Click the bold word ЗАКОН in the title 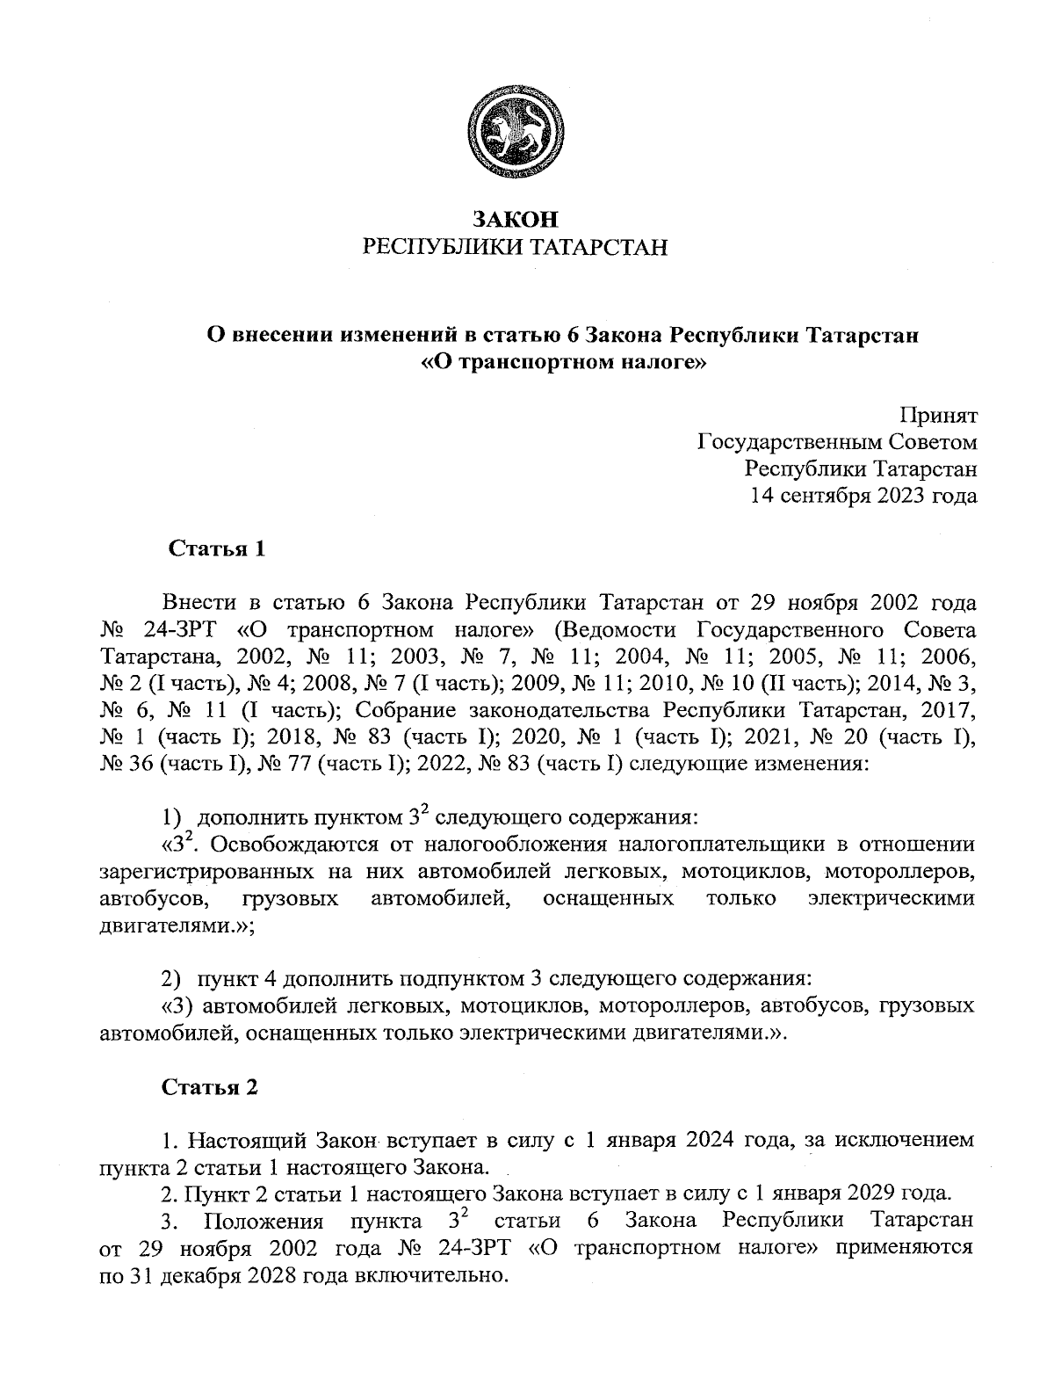point(516,219)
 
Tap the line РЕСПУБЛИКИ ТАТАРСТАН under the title point(516,247)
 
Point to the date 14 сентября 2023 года point(863,496)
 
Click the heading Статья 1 point(216,550)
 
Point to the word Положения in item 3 point(263,1222)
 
